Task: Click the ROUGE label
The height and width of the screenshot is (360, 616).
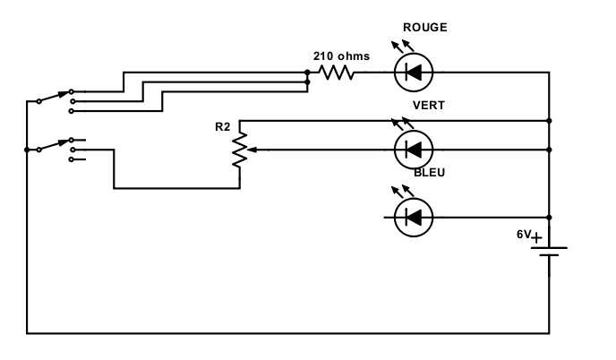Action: (425, 28)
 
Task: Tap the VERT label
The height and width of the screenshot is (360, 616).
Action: (429, 106)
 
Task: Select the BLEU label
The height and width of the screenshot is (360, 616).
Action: (430, 173)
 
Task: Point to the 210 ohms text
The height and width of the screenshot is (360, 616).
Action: (341, 56)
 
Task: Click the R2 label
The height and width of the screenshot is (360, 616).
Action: (222, 127)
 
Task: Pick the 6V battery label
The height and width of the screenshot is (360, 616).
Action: (524, 235)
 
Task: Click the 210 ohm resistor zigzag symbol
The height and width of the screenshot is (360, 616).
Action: (337, 73)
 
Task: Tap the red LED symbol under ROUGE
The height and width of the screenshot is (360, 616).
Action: (414, 73)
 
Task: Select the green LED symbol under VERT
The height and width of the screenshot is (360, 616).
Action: (414, 150)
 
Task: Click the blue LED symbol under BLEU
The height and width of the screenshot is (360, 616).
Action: (414, 218)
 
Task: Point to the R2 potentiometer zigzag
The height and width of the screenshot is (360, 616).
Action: (240, 150)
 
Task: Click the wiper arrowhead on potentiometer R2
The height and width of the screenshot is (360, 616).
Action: (252, 150)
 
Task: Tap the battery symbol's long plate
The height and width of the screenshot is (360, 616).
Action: (549, 247)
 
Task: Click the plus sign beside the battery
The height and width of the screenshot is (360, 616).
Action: (536, 237)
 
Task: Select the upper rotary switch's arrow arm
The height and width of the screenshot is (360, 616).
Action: (55, 97)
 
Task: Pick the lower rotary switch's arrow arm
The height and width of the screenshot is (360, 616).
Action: (55, 145)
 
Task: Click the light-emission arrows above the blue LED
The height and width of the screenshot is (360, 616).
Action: (403, 192)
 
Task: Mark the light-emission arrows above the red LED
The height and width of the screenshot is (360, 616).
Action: (403, 47)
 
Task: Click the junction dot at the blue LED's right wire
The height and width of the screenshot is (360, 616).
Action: (549, 218)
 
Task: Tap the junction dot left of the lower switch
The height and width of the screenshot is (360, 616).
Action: (27, 150)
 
